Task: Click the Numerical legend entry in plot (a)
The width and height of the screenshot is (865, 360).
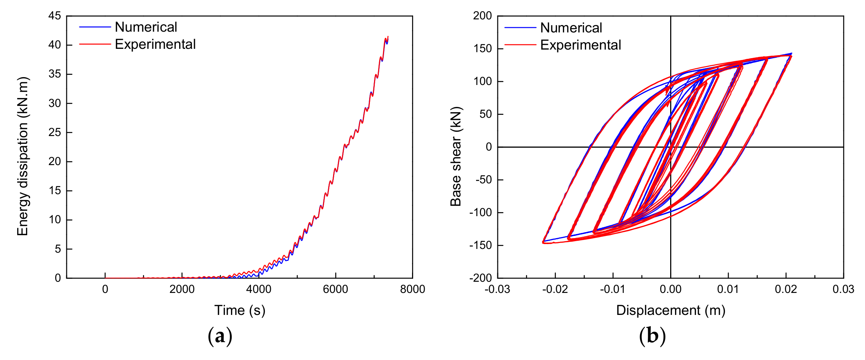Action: coord(146,27)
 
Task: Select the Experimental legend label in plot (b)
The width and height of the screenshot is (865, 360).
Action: coord(580,45)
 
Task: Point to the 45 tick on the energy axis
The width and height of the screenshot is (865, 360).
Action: coord(54,16)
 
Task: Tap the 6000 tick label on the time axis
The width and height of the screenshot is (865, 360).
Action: coord(335,289)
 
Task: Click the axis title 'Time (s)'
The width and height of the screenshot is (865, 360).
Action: coord(240,310)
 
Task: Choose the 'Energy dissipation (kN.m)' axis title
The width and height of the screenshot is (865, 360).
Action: coord(22,157)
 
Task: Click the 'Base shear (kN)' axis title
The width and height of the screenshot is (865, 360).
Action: coord(456,157)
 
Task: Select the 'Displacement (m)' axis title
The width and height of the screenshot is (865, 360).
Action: coord(671,310)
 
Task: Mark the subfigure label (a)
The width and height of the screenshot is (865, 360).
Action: coord(220,336)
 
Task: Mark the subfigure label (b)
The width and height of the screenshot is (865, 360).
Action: coord(652,336)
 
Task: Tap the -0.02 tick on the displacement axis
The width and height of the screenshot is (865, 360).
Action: coord(555,289)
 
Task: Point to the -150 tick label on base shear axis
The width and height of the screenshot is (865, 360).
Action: coord(481,245)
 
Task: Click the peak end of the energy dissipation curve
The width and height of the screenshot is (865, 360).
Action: coord(388,37)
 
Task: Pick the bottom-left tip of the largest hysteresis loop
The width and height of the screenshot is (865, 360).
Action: coord(544,242)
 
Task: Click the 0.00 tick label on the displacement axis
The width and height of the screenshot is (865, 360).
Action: coord(671,289)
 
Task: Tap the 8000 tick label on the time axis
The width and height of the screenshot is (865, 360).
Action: coord(412,289)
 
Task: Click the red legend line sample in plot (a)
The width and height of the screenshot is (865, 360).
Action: coord(95,44)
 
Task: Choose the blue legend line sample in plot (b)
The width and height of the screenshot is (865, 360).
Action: coord(520,28)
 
